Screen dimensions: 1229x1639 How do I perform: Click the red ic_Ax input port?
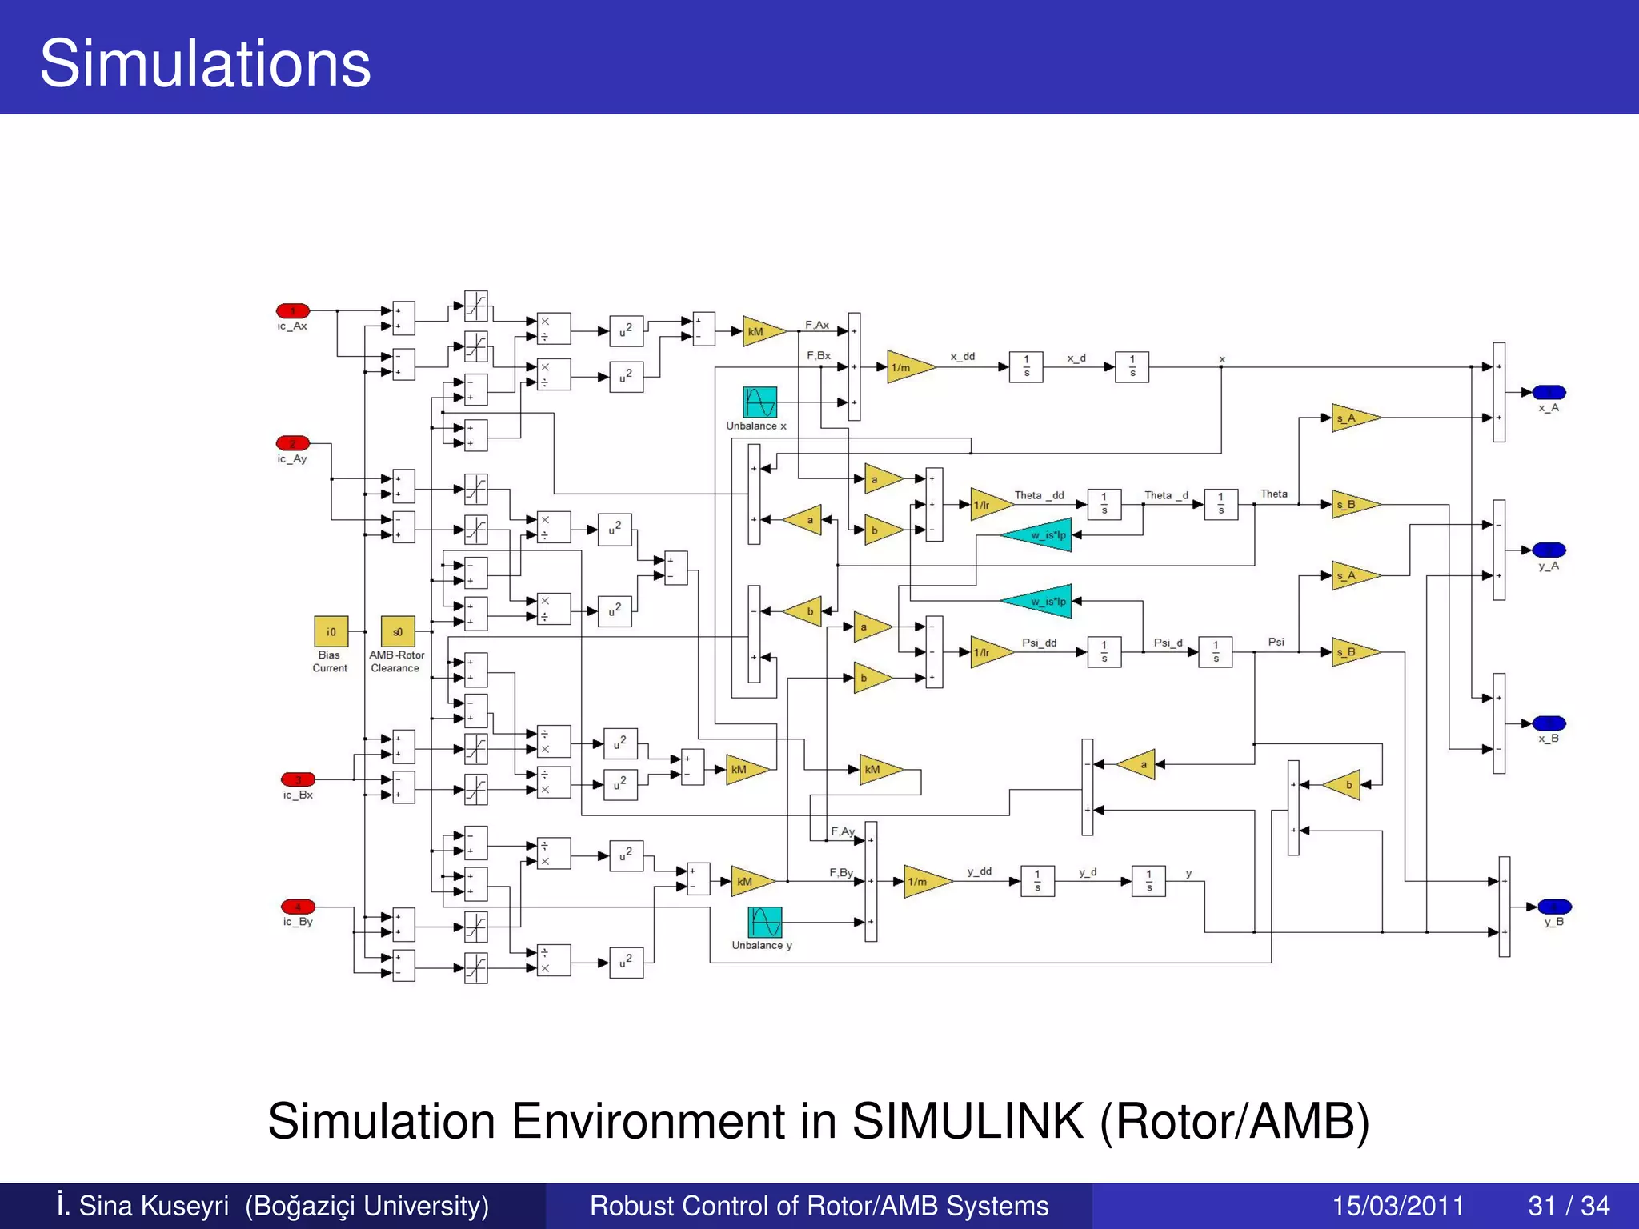point(293,311)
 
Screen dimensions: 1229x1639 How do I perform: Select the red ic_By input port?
point(298,907)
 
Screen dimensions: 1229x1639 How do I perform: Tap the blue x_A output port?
point(1549,393)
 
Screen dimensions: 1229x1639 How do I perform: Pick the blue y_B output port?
point(1554,907)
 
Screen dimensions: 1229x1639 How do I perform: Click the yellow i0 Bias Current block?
point(331,631)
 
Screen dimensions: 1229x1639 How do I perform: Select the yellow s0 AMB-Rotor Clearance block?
point(398,631)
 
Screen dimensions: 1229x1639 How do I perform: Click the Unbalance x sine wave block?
point(759,402)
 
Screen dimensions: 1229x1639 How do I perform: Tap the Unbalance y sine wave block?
point(764,922)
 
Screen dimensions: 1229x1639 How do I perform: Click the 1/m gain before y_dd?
point(924,882)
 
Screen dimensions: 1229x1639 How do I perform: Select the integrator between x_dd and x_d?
point(1026,367)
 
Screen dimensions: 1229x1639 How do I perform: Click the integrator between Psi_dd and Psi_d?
point(1104,652)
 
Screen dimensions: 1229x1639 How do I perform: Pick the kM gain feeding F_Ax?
point(760,331)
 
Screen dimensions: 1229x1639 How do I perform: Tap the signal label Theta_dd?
point(1039,495)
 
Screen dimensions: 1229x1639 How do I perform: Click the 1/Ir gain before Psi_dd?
point(988,652)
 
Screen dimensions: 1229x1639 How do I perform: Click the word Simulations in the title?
point(205,63)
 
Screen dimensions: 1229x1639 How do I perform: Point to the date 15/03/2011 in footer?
point(1397,1206)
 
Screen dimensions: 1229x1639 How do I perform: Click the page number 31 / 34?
point(1569,1206)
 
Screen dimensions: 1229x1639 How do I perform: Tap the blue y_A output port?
point(1549,550)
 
